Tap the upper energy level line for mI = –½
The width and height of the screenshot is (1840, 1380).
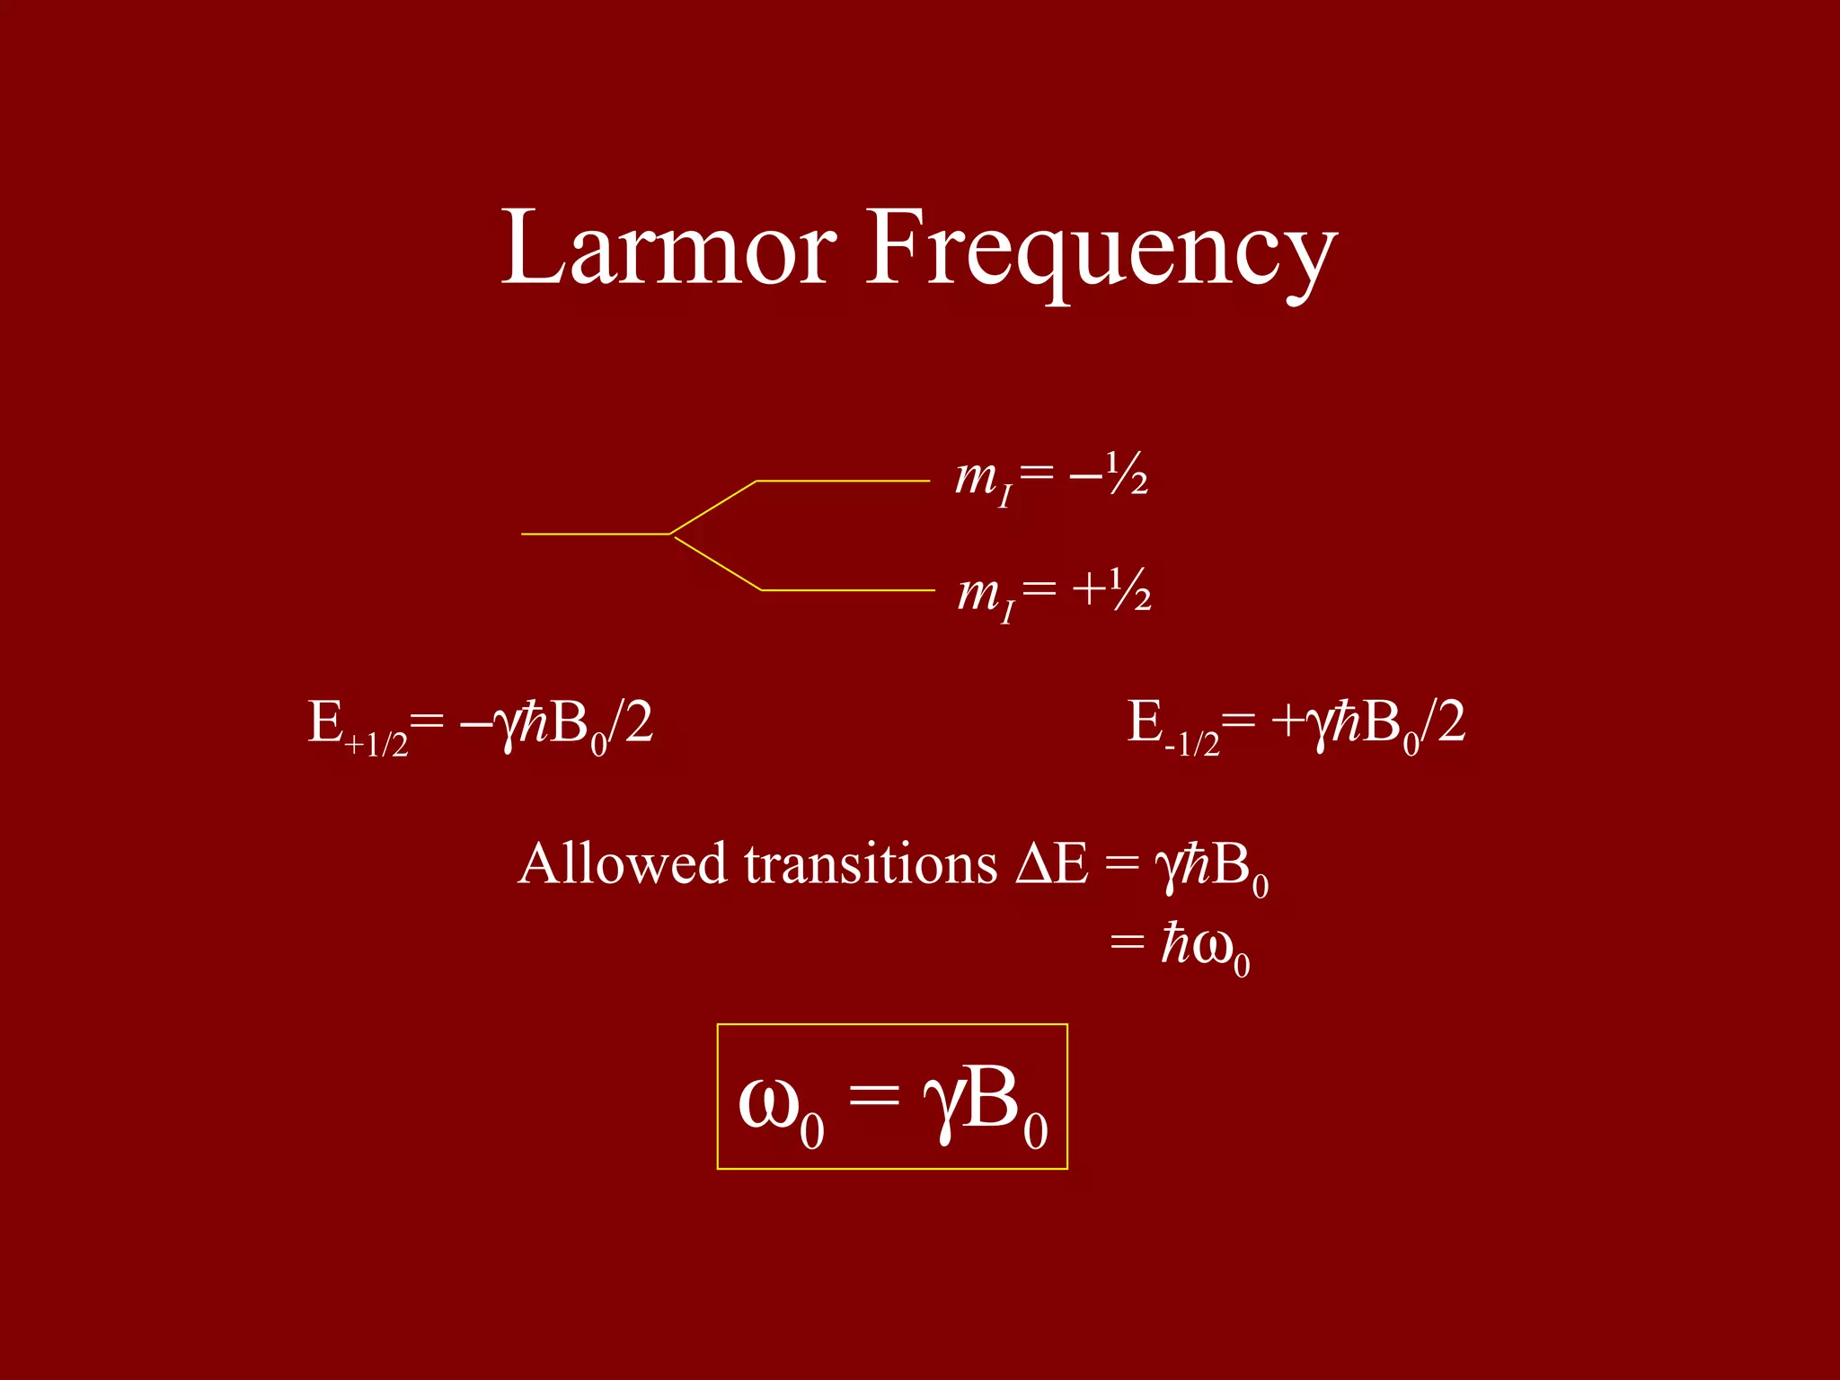point(843,482)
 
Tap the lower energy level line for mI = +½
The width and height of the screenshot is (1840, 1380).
point(848,590)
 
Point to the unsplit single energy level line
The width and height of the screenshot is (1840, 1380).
point(595,534)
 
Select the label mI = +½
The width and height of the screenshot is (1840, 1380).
point(1054,593)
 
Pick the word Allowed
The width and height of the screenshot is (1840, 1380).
point(622,864)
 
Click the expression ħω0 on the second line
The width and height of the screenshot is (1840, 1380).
point(1204,947)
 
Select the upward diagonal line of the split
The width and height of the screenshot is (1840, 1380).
point(713,508)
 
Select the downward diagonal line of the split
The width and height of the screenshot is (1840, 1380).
point(717,563)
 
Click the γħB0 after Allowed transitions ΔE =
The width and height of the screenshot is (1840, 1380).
point(1211,868)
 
